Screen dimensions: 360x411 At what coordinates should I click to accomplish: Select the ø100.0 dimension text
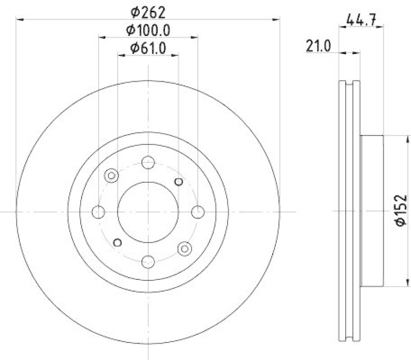(x=148, y=29)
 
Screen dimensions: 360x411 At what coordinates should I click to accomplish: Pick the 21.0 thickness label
(x=318, y=47)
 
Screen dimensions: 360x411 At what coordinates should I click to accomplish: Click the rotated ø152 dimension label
(x=401, y=210)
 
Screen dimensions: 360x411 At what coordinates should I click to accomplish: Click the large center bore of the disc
(x=148, y=211)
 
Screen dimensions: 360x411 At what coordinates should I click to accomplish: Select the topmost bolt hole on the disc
(x=148, y=162)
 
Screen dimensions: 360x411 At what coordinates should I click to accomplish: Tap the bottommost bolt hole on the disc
(x=148, y=260)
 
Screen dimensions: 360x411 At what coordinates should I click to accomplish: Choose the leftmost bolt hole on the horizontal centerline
(x=99, y=211)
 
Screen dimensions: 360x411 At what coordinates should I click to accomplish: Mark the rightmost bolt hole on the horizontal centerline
(x=197, y=211)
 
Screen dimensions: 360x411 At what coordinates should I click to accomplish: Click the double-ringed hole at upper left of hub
(x=111, y=176)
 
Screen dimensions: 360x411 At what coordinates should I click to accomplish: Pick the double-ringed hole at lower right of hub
(x=184, y=248)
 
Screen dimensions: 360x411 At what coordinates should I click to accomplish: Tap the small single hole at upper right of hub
(x=179, y=181)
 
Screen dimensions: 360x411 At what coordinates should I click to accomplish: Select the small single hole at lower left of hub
(x=118, y=242)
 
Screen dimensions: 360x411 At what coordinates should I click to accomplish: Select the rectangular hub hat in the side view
(x=372, y=211)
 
